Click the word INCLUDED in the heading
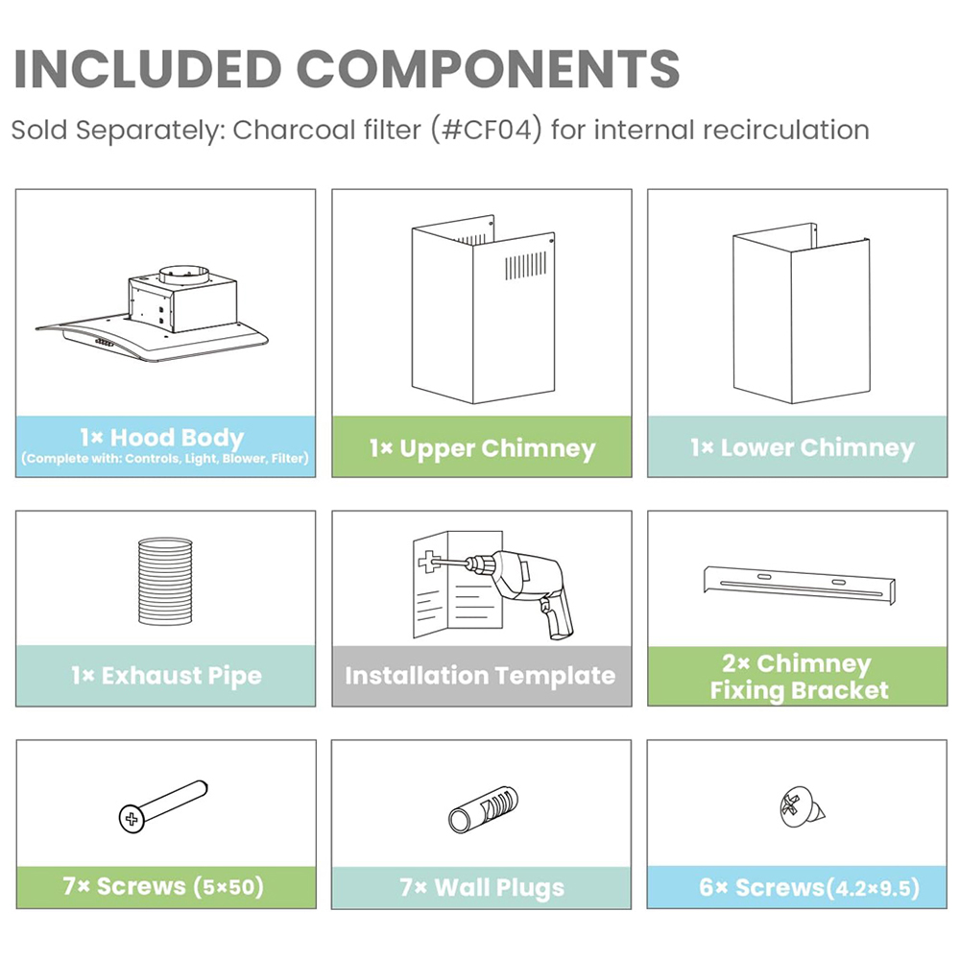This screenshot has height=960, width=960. (148, 68)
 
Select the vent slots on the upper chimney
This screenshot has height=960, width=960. (525, 265)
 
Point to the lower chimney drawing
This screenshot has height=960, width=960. (801, 313)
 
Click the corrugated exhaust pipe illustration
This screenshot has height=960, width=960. (165, 581)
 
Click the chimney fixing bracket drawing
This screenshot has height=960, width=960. (800, 585)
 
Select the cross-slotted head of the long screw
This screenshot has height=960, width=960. (132, 819)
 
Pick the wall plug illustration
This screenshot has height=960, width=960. (483, 809)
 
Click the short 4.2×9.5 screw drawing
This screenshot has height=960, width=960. (802, 808)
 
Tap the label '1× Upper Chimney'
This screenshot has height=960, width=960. (483, 448)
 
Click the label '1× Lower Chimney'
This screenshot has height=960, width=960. (802, 447)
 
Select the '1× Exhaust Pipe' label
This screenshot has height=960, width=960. (166, 675)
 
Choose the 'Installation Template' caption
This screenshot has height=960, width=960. (480, 675)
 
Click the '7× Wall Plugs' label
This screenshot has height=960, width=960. (482, 887)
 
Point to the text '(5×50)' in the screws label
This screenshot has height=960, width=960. (229, 886)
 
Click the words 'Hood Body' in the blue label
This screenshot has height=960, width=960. (177, 437)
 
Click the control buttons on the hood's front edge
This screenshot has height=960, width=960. (104, 343)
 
